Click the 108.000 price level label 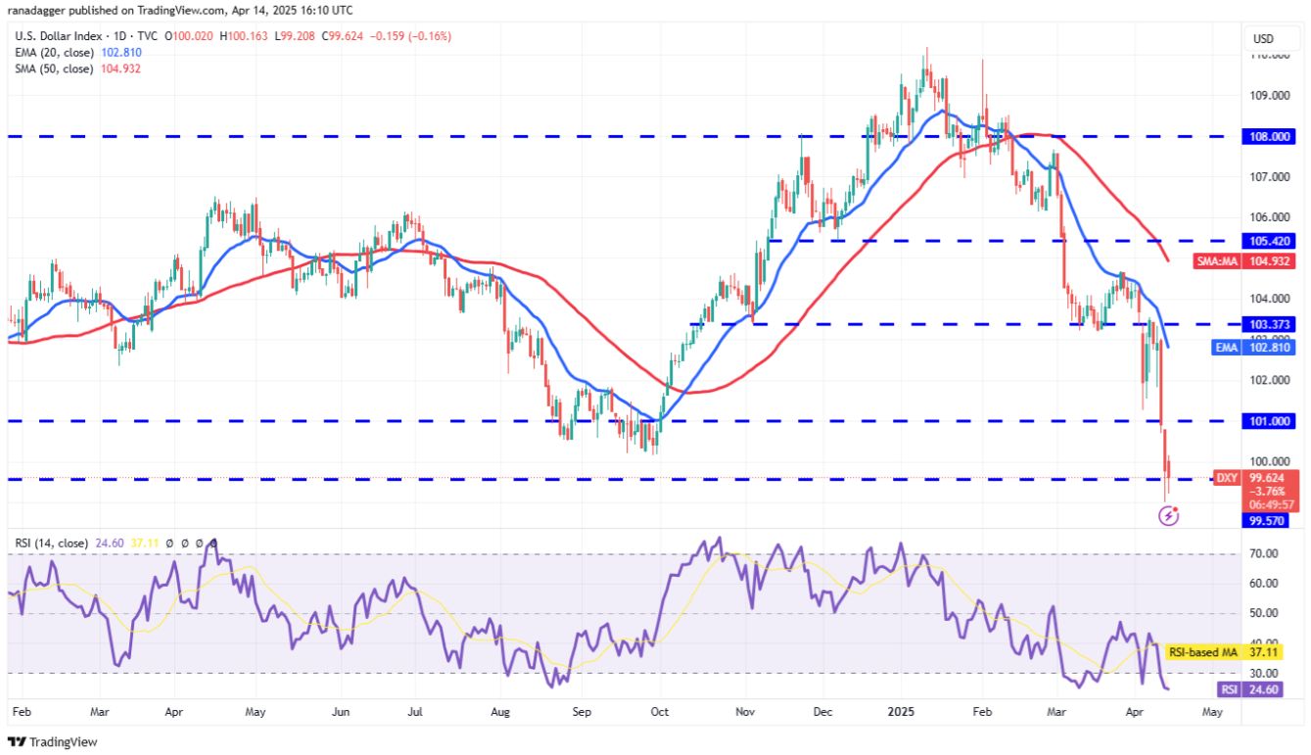1269,137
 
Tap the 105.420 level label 1269,240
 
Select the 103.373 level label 1269,324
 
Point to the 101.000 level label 1269,421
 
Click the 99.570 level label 1269,521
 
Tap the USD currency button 1263,39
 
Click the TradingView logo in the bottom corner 54,741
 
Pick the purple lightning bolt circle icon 1168,515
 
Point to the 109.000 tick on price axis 1269,95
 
